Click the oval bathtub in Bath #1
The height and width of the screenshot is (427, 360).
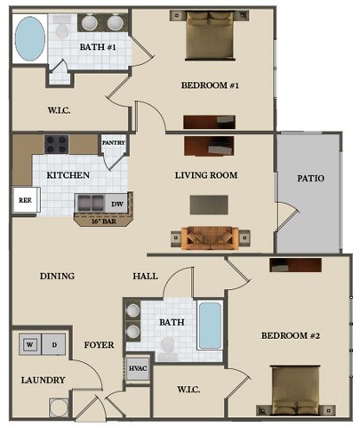[x=30, y=39]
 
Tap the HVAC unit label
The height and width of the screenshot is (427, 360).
[x=138, y=368]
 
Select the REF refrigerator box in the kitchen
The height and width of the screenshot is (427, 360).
[x=26, y=199]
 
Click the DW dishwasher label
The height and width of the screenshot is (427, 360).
[x=117, y=204]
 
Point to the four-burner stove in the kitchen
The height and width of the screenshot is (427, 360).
[x=56, y=144]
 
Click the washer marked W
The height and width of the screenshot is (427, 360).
[x=30, y=344]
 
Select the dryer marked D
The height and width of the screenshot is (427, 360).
[x=53, y=344]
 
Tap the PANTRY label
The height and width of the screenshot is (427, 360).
[x=114, y=142]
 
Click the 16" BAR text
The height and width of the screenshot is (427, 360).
[x=104, y=222]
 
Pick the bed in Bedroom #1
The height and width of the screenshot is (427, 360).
[x=210, y=36]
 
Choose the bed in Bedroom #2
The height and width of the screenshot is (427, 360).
[x=296, y=391]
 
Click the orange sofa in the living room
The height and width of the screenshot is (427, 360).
[x=211, y=238]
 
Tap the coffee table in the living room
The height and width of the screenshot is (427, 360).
[x=209, y=205]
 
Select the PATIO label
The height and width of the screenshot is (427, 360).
[x=310, y=178]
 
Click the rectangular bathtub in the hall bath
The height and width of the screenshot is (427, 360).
[x=210, y=326]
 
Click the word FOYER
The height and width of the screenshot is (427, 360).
[x=99, y=345]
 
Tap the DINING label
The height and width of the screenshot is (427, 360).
[x=57, y=276]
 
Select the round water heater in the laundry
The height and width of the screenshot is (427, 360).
[x=59, y=407]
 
